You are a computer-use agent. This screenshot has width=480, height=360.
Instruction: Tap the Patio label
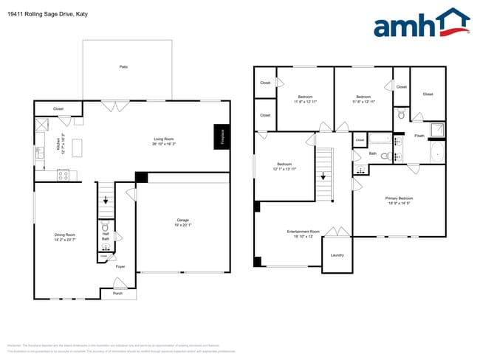click(x=123, y=67)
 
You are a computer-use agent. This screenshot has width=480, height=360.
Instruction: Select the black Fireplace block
click(x=220, y=136)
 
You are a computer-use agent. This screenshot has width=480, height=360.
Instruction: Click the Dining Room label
click(x=65, y=235)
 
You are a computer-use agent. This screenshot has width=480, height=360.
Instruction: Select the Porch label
click(x=117, y=294)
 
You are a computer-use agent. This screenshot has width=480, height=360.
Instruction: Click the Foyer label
click(x=120, y=266)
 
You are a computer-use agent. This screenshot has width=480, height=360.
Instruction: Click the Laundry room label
click(x=337, y=255)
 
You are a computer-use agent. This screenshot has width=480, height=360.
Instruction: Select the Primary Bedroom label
click(x=399, y=198)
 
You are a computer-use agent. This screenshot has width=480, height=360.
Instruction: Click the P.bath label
click(x=419, y=136)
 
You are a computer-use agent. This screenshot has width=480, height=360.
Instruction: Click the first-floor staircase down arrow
click(x=106, y=200)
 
